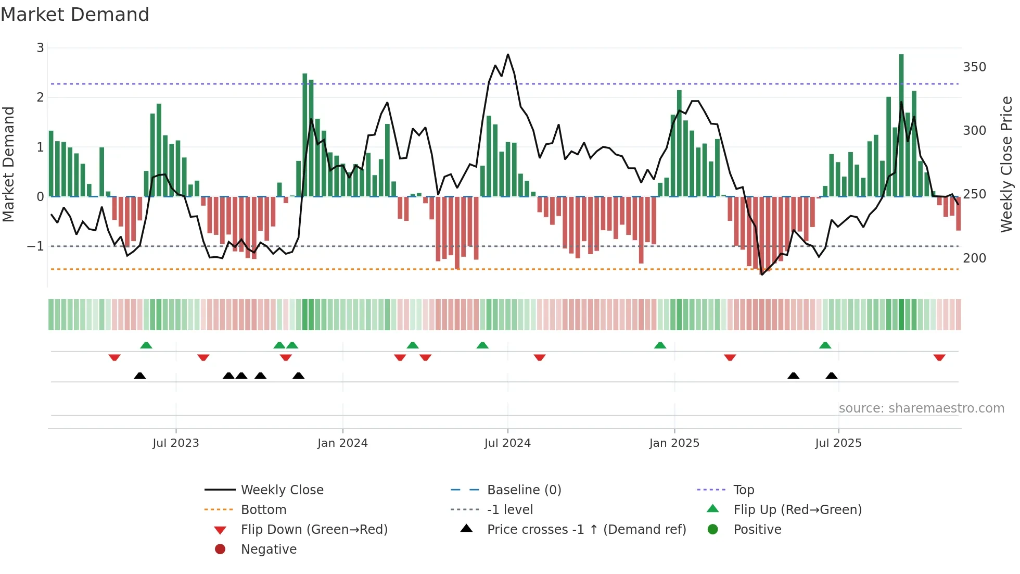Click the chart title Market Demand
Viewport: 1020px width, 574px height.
tap(75, 15)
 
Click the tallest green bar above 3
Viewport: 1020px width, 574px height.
tap(901, 125)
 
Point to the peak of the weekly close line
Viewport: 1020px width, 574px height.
tap(508, 54)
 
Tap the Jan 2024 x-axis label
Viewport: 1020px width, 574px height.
tap(342, 443)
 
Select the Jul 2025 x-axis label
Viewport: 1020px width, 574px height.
tap(838, 443)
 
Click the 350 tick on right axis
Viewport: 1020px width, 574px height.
tap(974, 67)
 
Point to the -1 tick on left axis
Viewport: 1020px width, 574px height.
tap(35, 246)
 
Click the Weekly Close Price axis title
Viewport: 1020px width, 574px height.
tap(1006, 164)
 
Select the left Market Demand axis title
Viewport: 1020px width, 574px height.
tap(8, 164)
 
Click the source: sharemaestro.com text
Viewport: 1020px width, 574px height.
tap(921, 408)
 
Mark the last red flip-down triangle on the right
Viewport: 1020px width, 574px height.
tap(939, 357)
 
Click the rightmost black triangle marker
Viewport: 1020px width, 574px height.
tap(832, 376)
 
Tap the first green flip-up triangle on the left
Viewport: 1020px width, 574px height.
tap(146, 345)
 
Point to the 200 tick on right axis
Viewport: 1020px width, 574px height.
tap(974, 258)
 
